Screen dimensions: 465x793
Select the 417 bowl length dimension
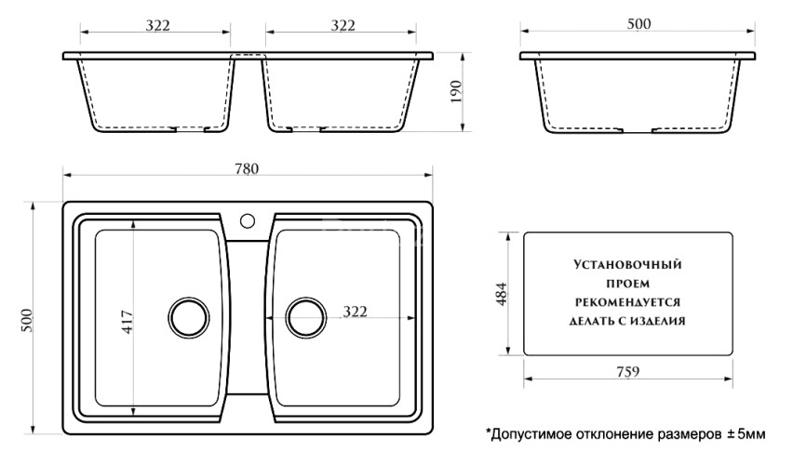[128, 317]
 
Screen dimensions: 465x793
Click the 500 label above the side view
[638, 24]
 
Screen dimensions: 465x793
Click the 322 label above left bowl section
[157, 24]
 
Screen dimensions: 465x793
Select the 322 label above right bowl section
[343, 24]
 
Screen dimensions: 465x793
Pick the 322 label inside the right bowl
[351, 310]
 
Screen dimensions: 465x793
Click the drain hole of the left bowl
[190, 317]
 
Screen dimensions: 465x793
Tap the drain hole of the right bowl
[306, 317]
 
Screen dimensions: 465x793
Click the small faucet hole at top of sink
[248, 221]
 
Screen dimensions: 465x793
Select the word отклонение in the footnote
[613, 434]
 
